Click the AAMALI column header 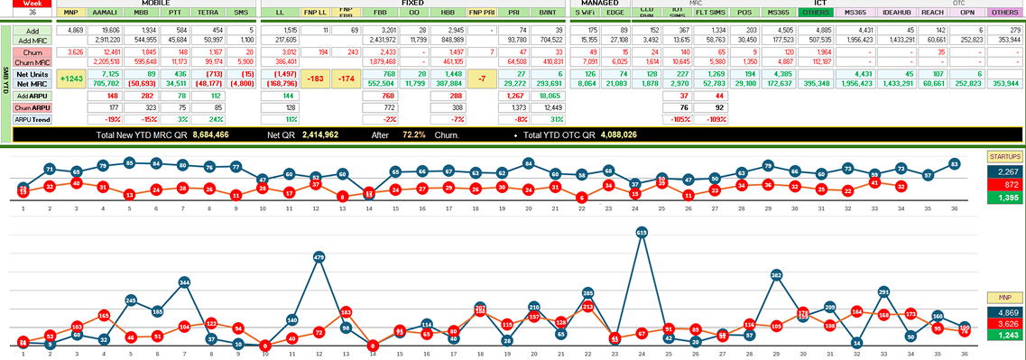pos(106,13)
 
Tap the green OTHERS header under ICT pos(817,13)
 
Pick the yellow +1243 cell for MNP pos(70,79)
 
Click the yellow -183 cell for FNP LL pos(316,79)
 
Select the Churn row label pos(32,52)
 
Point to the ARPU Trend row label pos(32,119)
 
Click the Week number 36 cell pos(32,13)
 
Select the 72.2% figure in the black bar pos(414,134)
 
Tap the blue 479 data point pos(319,258)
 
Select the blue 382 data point pos(776,274)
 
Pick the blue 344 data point pos(184,282)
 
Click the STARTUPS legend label pos(1004,156)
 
